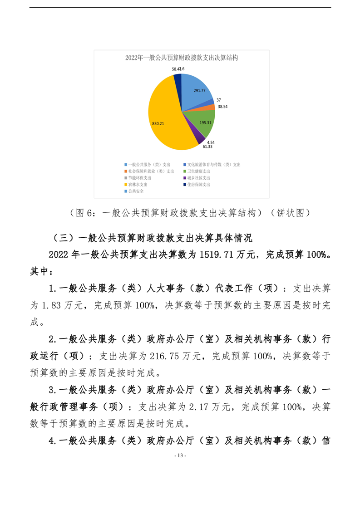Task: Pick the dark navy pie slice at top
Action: click(178, 79)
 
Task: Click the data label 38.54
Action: click(223, 106)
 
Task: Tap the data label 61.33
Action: click(207, 147)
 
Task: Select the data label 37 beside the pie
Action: click(219, 100)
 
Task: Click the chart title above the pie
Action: click(182, 58)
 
